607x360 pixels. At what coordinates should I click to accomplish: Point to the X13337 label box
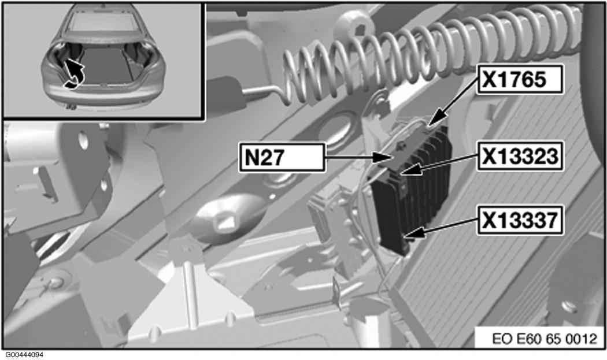point(519,221)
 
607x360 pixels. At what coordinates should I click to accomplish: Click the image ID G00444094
point(25,354)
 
